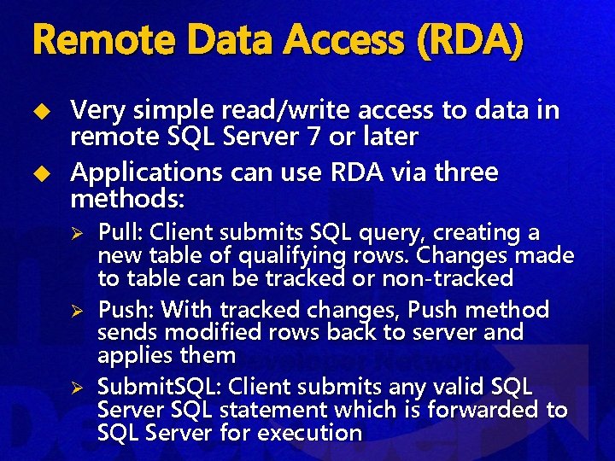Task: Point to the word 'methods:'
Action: [x=122, y=200]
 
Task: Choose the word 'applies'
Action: [x=132, y=355]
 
